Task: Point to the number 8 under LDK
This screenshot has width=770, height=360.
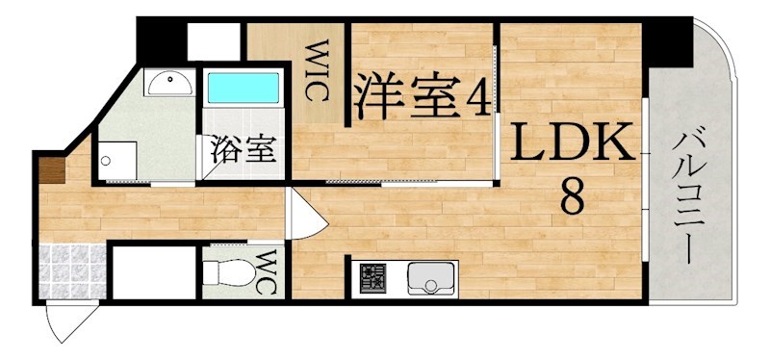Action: tap(572, 198)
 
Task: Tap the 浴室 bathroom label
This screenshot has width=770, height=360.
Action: tap(244, 151)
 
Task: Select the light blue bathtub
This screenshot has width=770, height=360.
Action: tap(244, 89)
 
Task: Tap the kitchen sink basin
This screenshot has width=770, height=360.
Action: tap(429, 280)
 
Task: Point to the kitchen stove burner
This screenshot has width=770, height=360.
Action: tap(372, 280)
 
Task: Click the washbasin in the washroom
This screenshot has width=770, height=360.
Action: tap(169, 84)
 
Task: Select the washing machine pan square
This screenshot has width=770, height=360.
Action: tap(120, 159)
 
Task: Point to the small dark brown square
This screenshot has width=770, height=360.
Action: tap(51, 170)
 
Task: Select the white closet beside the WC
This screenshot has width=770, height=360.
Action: tap(154, 273)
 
